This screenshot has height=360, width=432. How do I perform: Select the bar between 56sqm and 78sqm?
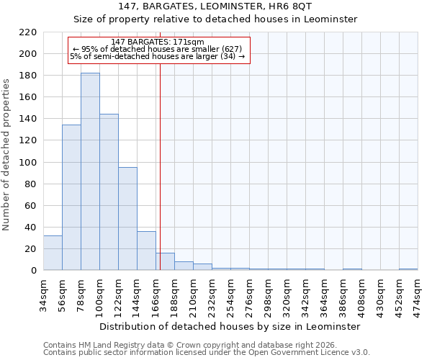click(71, 197)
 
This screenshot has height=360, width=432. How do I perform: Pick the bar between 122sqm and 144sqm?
click(127, 219)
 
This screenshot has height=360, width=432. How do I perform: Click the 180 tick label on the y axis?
click(28, 76)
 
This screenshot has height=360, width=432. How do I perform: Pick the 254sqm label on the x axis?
click(230, 293)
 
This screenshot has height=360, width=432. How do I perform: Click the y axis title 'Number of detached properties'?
click(7, 155)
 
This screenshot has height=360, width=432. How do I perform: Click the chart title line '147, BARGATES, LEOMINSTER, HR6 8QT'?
click(216, 6)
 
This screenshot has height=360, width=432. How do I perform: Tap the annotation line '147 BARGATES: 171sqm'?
click(158, 42)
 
